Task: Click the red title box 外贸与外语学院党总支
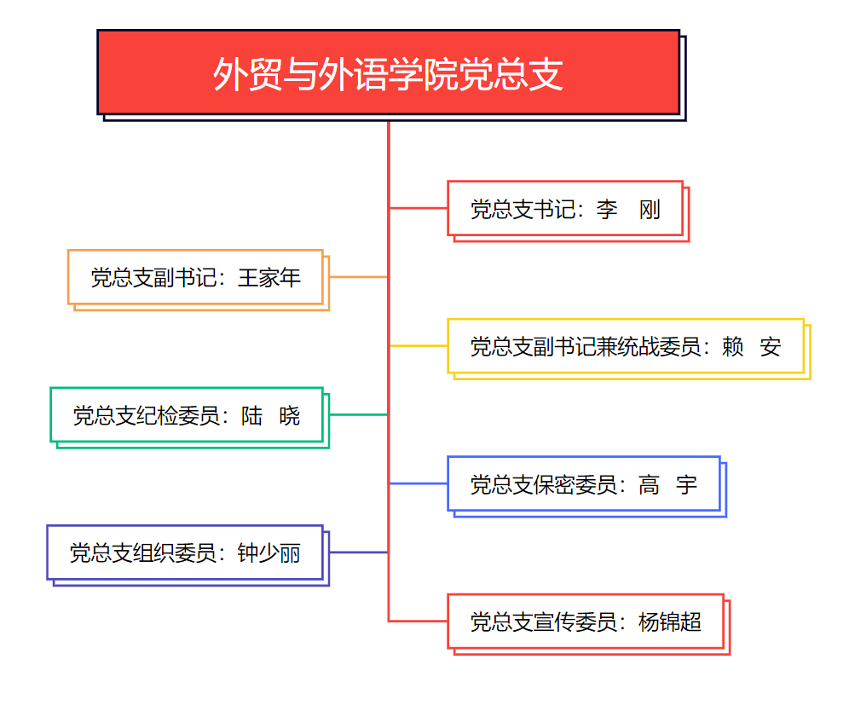pos(388,72)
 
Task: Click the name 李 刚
pos(628,210)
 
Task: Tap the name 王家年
pos(269,278)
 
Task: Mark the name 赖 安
pos(751,347)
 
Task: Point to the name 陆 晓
pos(271,416)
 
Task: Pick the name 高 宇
pos(667,485)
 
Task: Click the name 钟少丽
pos(269,553)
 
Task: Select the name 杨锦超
pos(670,622)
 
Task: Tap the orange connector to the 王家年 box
pos(359,277)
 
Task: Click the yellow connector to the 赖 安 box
pos(419,345)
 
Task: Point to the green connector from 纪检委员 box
pos(359,415)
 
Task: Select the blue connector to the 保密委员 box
pos(419,483)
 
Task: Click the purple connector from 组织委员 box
pos(359,552)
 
